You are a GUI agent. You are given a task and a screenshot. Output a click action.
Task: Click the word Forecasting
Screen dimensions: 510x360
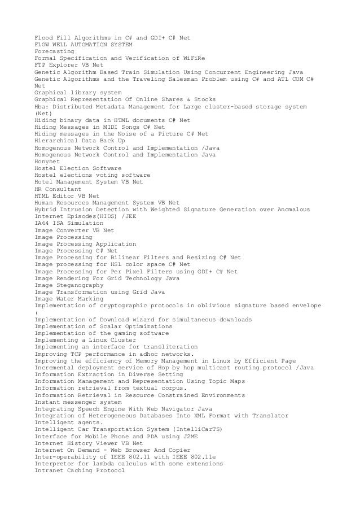click(54, 51)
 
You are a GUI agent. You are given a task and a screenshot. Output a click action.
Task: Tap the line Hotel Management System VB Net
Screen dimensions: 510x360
click(89, 182)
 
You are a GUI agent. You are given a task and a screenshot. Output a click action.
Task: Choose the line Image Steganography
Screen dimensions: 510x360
click(69, 285)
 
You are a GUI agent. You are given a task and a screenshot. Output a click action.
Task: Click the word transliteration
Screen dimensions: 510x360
click(170, 347)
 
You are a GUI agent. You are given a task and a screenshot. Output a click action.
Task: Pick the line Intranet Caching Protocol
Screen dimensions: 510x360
click(78, 471)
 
